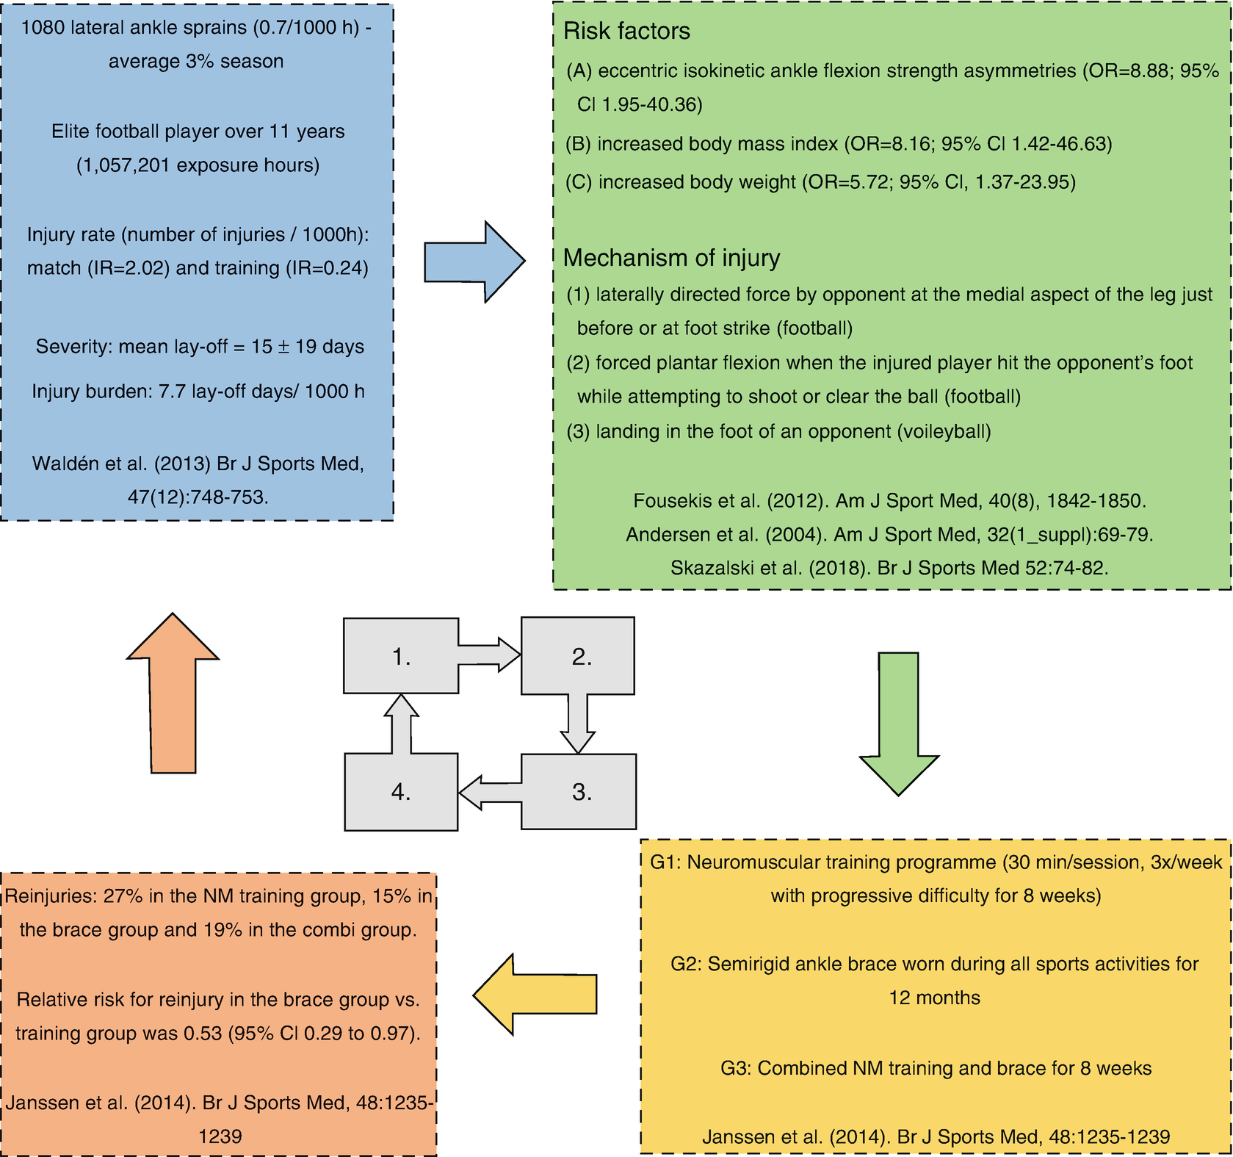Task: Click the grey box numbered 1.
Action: (401, 656)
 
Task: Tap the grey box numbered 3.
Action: (579, 792)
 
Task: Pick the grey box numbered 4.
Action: (401, 792)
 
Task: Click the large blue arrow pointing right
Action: (474, 262)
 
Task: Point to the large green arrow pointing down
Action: (898, 724)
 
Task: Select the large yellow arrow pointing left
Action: (535, 995)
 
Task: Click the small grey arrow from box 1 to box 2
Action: (489, 655)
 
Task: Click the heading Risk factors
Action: (626, 32)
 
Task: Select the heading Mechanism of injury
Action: (671, 258)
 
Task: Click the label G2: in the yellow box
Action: (686, 965)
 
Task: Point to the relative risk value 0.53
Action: (202, 1034)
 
